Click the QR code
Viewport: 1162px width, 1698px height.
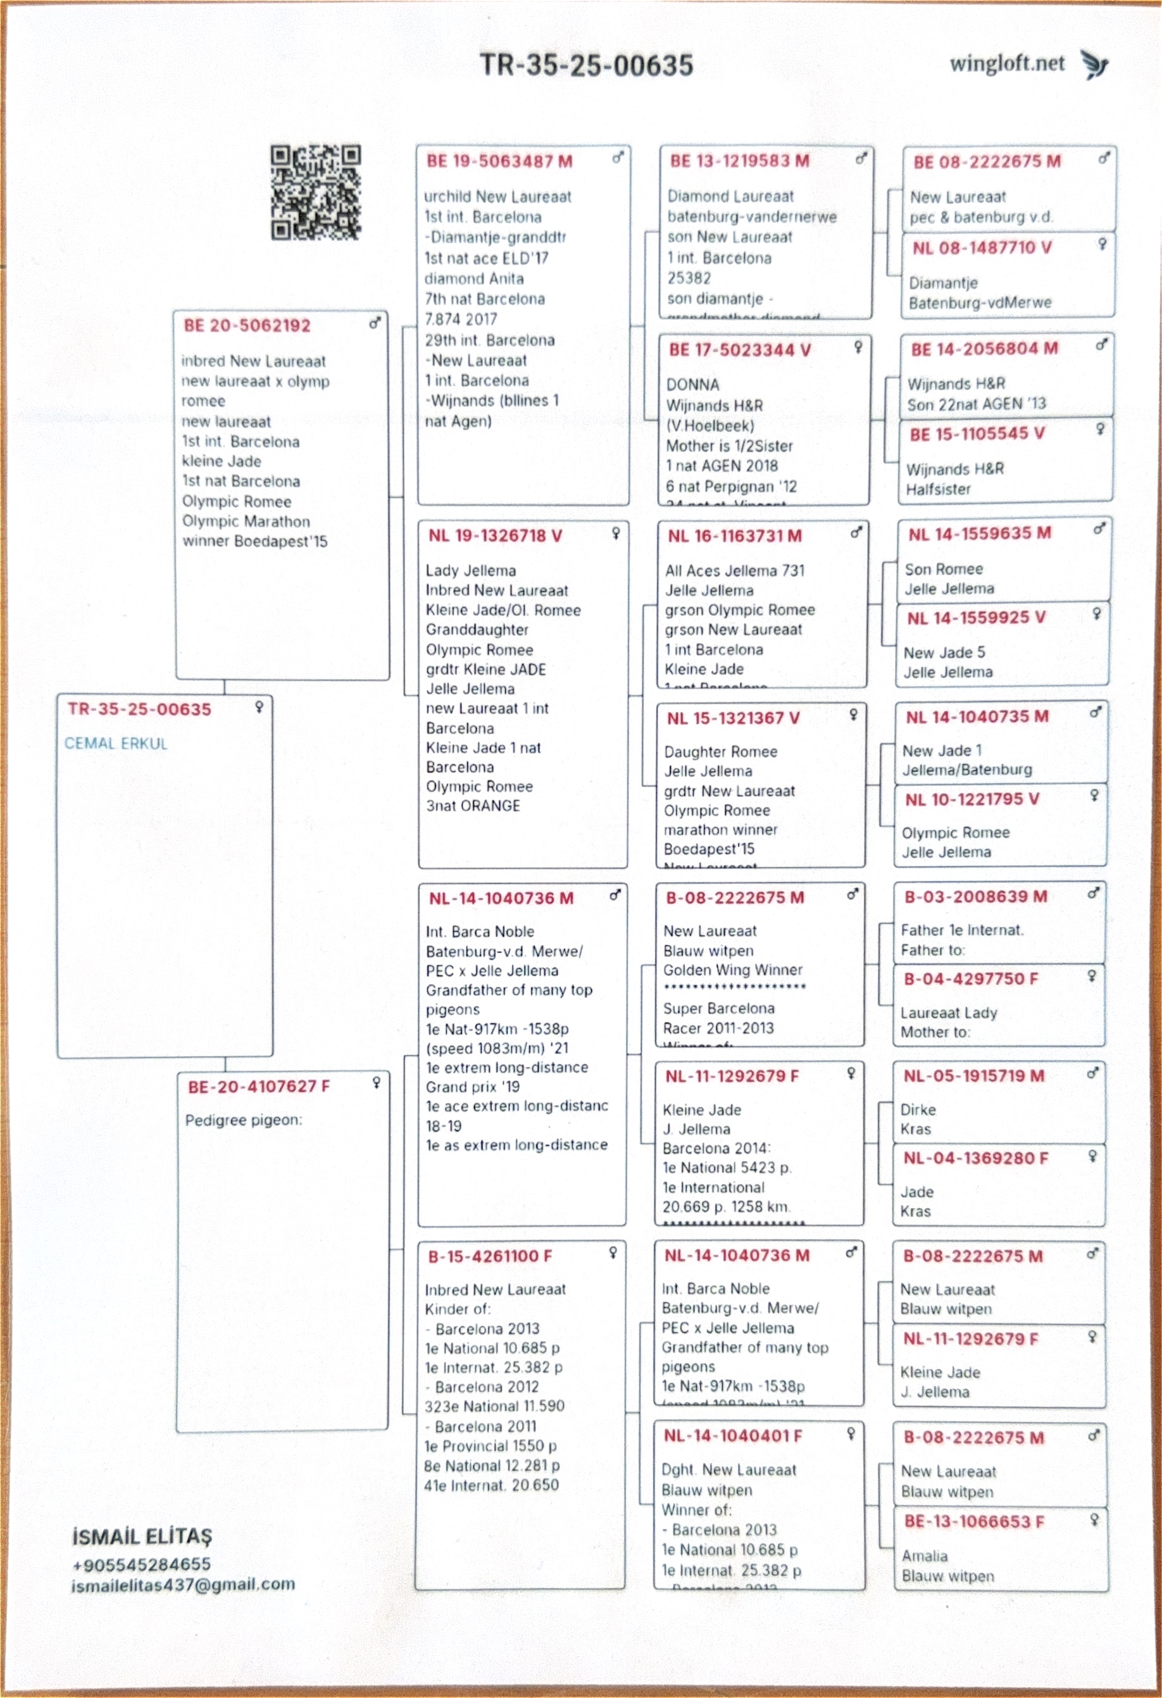pos(316,193)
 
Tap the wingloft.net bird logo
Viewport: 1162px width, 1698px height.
pos(1095,65)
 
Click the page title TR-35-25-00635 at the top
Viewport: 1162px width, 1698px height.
pos(586,65)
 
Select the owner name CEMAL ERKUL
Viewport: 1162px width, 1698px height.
pos(116,744)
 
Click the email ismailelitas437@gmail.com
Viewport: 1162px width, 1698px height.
pos(184,1584)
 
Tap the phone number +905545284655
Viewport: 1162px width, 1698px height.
pos(142,1564)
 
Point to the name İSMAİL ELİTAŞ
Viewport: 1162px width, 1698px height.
pos(142,1537)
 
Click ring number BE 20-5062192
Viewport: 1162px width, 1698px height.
pos(247,326)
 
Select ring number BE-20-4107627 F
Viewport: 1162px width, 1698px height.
pos(259,1087)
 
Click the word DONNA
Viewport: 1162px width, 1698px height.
pos(692,385)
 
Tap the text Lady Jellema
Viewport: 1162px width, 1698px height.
pos(471,571)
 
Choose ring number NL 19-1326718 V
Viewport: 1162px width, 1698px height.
pos(496,535)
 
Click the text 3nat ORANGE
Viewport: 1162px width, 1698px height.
pos(473,806)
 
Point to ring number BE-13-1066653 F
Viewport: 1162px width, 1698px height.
pos(973,1521)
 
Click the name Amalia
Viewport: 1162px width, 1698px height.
pos(925,1556)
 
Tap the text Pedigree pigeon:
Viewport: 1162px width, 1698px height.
pos(244,1120)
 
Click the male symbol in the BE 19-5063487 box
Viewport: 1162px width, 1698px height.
pos(618,158)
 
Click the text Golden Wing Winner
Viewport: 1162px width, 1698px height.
pos(732,970)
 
